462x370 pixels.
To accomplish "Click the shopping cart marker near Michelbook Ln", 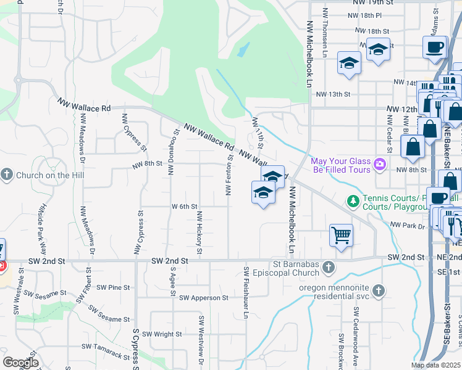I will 341,236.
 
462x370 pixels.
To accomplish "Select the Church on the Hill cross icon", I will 7,175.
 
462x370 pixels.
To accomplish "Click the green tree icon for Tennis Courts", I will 353,201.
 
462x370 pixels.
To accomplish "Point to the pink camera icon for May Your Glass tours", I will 379,165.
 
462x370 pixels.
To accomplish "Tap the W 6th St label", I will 184,207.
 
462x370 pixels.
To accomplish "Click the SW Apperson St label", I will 204,298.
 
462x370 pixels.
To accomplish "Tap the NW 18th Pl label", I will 365,15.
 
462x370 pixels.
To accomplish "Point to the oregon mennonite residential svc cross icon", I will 378,290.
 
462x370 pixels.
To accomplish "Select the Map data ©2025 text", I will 436,365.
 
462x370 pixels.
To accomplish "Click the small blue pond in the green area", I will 242,49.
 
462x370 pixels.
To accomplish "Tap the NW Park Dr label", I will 408,226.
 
